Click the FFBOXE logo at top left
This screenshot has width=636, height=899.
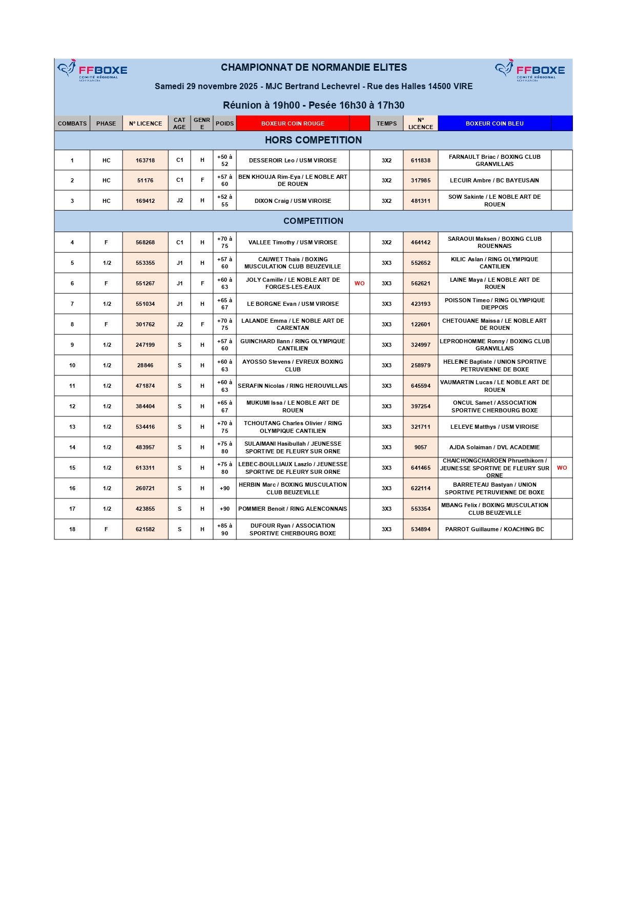pyautogui.click(x=93, y=70)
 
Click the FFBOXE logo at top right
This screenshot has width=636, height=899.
pyautogui.click(x=530, y=70)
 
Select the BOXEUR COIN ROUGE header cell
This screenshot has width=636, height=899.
pyautogui.click(x=293, y=123)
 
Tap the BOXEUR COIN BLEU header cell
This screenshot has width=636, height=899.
pyautogui.click(x=495, y=123)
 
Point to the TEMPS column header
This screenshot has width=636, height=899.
pyautogui.click(x=386, y=123)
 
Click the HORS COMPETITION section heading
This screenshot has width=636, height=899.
pyautogui.click(x=313, y=140)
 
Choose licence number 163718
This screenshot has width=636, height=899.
pyautogui.click(x=145, y=160)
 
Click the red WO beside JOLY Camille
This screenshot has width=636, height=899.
pyautogui.click(x=360, y=283)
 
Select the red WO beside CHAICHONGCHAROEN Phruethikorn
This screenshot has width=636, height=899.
pyautogui.click(x=562, y=468)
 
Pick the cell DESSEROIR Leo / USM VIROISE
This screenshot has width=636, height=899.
pyautogui.click(x=293, y=160)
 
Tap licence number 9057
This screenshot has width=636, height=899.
pyautogui.click(x=420, y=447)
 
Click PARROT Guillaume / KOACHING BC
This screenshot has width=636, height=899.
pyautogui.click(x=495, y=529)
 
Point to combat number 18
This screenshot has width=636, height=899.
pyautogui.click(x=72, y=529)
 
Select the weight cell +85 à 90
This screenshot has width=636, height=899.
pyautogui.click(x=224, y=529)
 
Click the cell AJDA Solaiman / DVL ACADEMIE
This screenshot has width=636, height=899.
pyautogui.click(x=495, y=447)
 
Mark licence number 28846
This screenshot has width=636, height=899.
pyautogui.click(x=145, y=365)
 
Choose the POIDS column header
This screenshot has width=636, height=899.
pyautogui.click(x=224, y=123)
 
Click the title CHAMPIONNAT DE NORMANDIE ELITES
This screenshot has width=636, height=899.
pyautogui.click(x=314, y=68)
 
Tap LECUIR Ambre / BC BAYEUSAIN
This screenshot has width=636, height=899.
pyautogui.click(x=495, y=180)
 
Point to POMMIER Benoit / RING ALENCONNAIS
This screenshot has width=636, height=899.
pyautogui.click(x=293, y=509)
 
